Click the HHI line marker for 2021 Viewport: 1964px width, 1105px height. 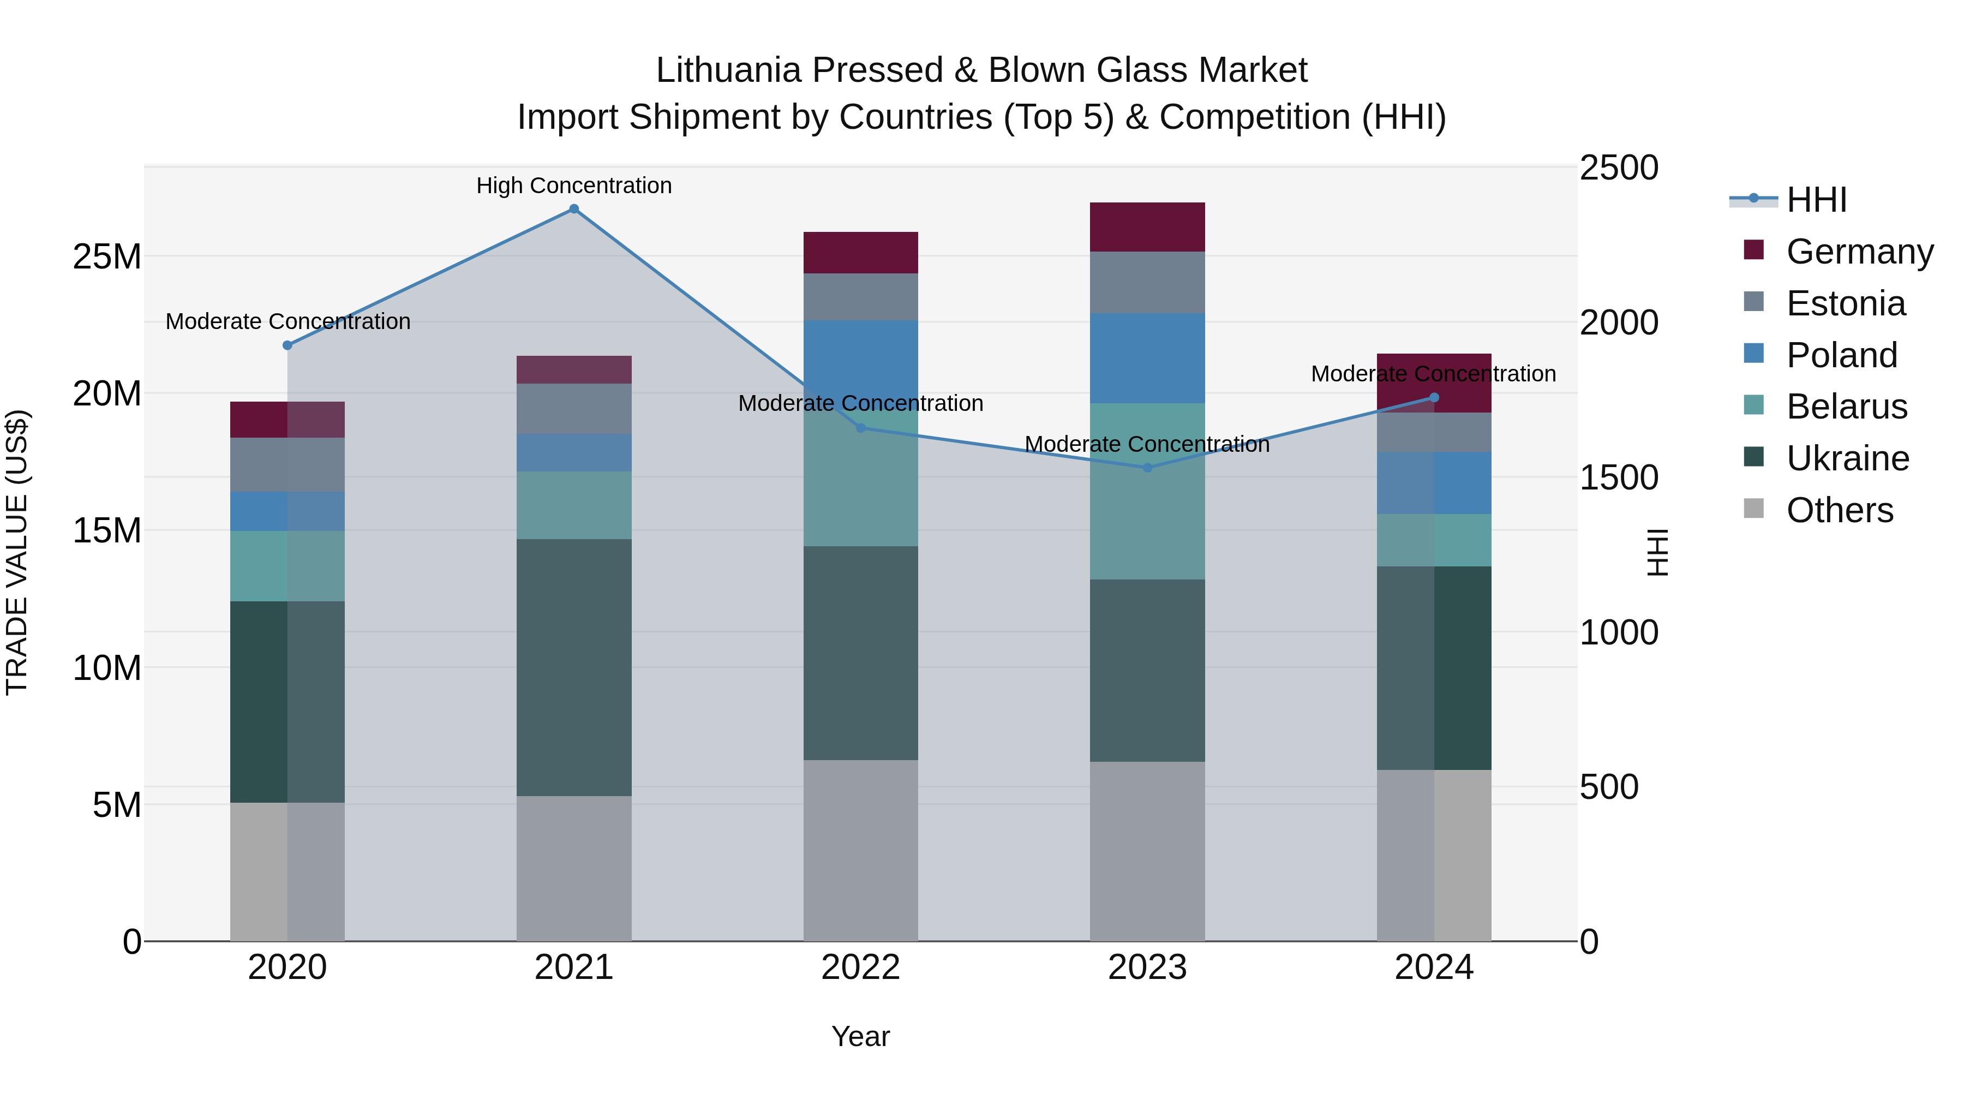[x=574, y=209]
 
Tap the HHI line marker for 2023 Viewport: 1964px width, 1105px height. [x=1147, y=468]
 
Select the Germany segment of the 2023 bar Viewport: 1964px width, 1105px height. [x=1147, y=227]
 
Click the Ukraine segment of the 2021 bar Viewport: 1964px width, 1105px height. [x=574, y=667]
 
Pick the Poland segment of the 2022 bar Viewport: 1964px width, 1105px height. [x=861, y=359]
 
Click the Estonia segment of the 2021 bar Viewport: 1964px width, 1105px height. [x=574, y=409]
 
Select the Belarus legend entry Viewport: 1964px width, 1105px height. [x=1846, y=407]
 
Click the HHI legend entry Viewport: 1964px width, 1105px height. [x=1815, y=200]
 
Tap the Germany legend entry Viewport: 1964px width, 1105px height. [x=1858, y=252]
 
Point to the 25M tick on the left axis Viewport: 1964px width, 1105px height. [x=107, y=257]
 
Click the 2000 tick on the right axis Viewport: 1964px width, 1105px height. [x=1618, y=322]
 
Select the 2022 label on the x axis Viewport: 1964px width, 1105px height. [x=861, y=967]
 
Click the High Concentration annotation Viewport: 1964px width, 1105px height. [x=574, y=186]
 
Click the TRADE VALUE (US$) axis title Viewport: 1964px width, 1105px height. [x=17, y=552]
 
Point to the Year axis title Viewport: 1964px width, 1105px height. [x=861, y=1036]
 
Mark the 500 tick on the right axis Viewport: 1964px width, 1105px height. [x=1609, y=787]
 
